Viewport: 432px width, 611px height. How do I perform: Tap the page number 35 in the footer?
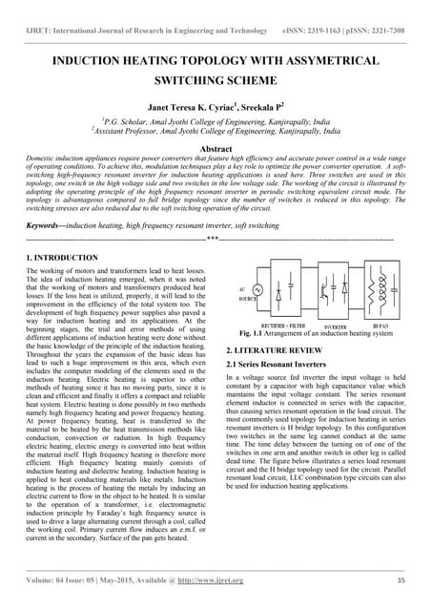[400, 579]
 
